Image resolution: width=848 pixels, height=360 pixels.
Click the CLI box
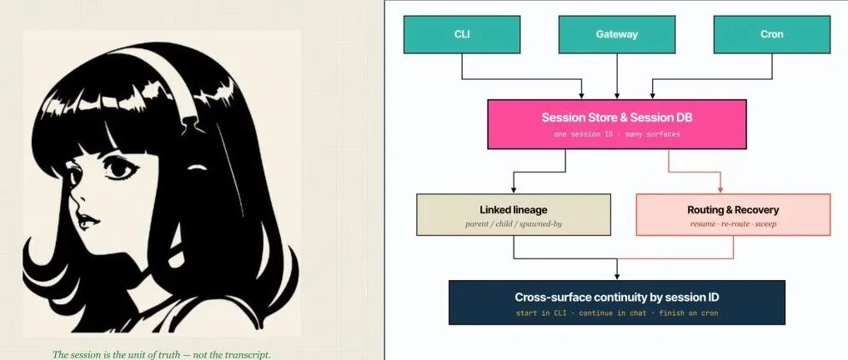coord(462,34)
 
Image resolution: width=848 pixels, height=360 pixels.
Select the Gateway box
coord(616,34)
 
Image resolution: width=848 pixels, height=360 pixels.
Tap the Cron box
coord(772,34)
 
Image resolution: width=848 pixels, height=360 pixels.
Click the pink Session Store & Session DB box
coord(616,124)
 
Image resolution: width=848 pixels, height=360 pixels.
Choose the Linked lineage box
coord(514,215)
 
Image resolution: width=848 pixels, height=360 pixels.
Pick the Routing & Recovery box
coord(733,215)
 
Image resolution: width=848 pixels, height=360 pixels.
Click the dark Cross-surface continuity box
coord(616,302)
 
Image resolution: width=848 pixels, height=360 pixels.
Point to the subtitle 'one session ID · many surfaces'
coord(616,133)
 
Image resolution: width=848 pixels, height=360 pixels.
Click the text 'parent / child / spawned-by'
coord(514,223)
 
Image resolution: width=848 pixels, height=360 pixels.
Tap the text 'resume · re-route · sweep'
coord(733,223)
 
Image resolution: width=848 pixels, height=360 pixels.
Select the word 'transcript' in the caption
coord(246,355)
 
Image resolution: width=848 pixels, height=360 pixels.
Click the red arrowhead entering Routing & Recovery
coord(720,190)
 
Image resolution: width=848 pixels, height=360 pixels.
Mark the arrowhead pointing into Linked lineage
coord(513,190)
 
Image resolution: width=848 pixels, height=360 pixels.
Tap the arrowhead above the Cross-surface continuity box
coord(617,276)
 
